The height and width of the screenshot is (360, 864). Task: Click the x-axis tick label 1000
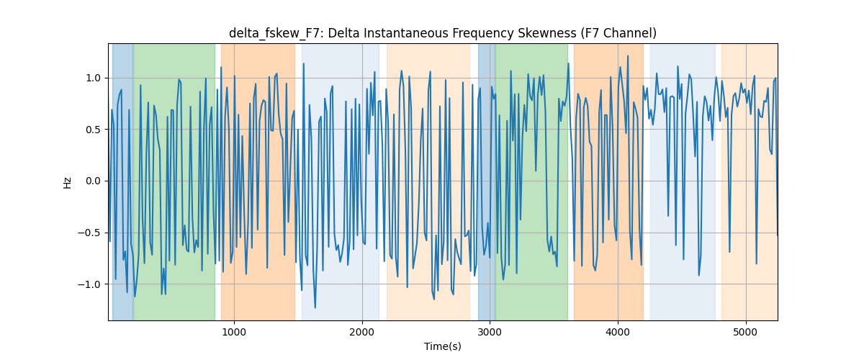(234, 332)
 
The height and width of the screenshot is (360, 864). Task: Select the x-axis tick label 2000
(361, 332)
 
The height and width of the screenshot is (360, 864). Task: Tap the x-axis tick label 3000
(490, 332)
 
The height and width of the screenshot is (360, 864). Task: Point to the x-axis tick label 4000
(618, 332)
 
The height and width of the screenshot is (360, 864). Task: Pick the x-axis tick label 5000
(746, 332)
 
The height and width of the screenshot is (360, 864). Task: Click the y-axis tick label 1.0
(93, 78)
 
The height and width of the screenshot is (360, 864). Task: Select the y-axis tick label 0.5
(93, 130)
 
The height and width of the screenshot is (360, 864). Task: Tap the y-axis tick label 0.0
(93, 181)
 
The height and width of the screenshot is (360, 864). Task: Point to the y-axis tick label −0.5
(89, 233)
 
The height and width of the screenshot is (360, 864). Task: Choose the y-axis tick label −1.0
(89, 284)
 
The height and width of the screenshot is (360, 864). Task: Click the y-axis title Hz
(68, 183)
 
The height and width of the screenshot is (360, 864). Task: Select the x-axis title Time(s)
(443, 346)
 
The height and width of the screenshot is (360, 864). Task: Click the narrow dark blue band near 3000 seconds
(487, 181)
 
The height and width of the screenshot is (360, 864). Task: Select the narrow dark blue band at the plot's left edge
(122, 181)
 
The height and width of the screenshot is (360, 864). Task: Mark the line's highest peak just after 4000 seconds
(628, 56)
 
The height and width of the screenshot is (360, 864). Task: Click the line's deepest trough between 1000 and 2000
(315, 307)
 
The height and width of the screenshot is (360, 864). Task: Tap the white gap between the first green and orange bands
(218, 181)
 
